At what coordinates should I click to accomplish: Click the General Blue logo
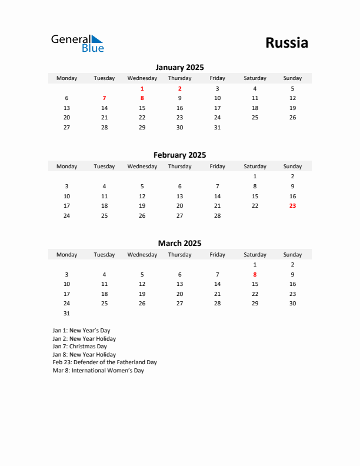77,43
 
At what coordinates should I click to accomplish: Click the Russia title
286,43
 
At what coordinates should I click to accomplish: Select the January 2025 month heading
179,68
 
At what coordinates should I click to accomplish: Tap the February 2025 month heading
179,155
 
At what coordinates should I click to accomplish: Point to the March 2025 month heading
179,243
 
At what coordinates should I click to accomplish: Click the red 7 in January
104,98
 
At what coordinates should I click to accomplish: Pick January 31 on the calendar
217,127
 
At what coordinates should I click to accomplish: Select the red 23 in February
292,206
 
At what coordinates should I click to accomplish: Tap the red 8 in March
255,274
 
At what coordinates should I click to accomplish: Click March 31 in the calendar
66,313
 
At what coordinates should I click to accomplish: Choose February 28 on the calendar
217,215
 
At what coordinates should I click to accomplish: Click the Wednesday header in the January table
142,78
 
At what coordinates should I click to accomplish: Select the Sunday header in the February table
292,167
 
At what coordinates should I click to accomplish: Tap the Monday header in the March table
66,255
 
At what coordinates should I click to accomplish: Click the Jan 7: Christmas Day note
79,347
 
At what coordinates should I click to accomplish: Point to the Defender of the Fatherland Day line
105,362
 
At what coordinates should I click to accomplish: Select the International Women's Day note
98,371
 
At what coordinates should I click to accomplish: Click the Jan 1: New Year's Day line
81,331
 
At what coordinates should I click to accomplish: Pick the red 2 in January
179,88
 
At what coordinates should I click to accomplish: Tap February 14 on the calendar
217,196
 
